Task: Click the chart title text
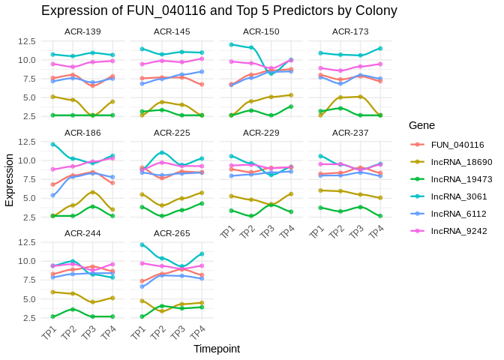tap(219, 10)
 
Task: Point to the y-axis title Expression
tap(9, 180)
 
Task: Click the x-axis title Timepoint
tap(216, 349)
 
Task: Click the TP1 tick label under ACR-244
tap(49, 333)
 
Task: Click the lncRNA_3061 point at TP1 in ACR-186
tap(52, 144)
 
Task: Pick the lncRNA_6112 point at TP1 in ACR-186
tap(52, 195)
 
